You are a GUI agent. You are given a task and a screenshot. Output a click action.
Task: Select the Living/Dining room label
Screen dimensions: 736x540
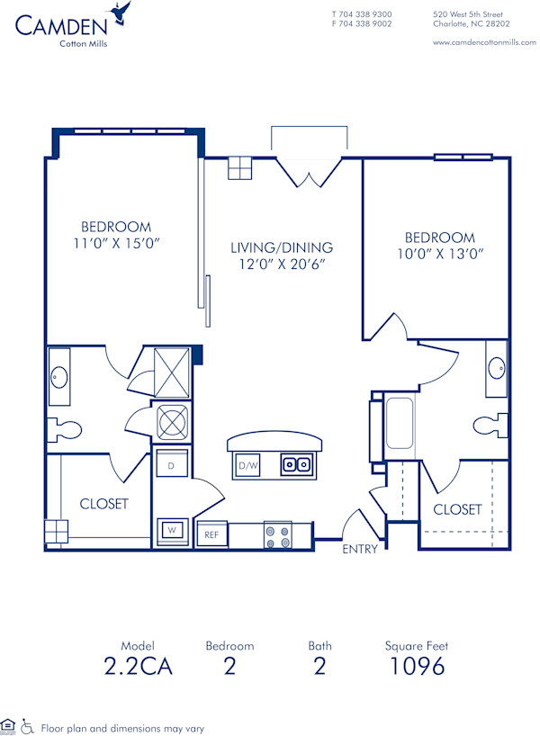[281, 247]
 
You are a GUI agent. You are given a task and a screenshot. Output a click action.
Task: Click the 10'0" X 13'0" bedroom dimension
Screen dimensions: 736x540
[439, 254]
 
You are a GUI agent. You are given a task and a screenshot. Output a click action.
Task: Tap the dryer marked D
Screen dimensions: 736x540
[171, 466]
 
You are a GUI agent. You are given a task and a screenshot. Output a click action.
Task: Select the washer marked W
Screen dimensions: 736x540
[171, 530]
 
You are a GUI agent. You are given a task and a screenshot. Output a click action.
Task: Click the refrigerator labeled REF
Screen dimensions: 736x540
[211, 534]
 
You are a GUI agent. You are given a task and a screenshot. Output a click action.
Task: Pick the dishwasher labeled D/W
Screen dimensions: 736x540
[248, 465]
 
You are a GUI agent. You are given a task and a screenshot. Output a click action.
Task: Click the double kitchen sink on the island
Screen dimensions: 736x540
[296, 464]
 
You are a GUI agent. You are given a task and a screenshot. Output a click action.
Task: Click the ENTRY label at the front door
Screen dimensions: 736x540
[360, 549]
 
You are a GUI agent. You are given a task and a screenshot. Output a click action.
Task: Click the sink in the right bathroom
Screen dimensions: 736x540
[497, 368]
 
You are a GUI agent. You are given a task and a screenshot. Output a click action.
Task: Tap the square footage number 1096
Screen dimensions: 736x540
[418, 666]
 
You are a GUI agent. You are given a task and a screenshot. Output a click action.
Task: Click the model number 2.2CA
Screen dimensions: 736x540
[137, 666]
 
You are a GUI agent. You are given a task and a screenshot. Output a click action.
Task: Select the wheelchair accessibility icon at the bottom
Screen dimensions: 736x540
[27, 725]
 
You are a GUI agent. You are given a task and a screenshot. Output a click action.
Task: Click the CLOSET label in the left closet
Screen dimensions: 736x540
[103, 504]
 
